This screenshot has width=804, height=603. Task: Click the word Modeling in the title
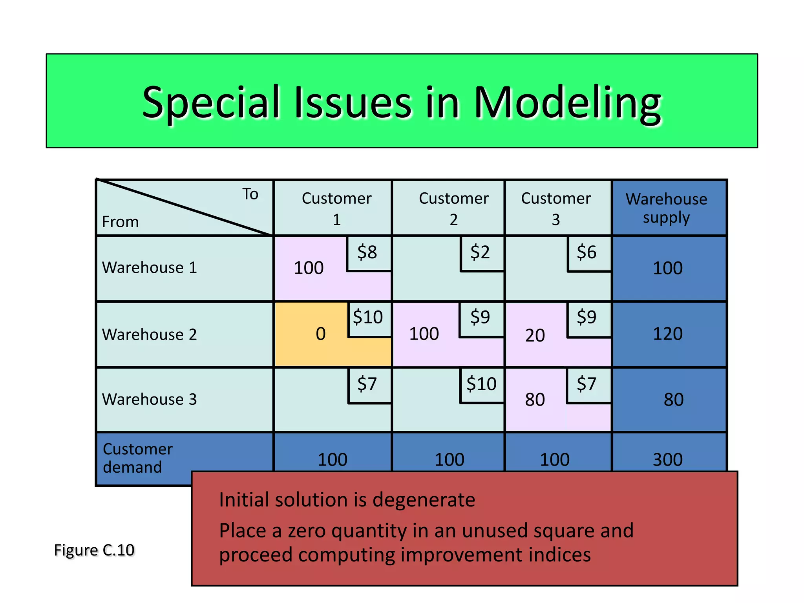pos(568,103)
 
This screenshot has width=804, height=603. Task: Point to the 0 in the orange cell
pos(321,334)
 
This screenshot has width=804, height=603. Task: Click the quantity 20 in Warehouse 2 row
pos(535,336)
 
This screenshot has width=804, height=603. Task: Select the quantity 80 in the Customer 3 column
pos(535,400)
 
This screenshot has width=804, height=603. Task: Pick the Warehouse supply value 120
pos(668,334)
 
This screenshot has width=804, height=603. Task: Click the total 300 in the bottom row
pos(668,460)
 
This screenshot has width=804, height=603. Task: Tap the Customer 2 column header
pos(453,208)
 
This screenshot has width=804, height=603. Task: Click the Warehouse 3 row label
pos(150,400)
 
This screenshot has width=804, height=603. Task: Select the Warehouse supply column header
pos(667,208)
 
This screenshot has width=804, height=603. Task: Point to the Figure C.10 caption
pos(94,550)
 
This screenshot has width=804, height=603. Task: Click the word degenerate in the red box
pos(424,500)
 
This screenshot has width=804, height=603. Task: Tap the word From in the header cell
pos(120,222)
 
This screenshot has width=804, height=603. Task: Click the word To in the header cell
pos(250,194)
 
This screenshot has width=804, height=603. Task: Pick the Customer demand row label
pos(137,458)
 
